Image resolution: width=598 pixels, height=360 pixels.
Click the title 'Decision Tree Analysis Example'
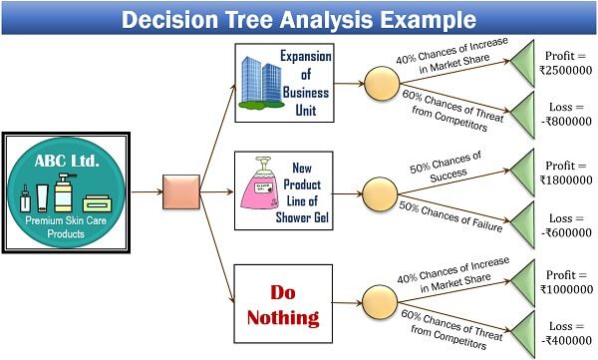299,18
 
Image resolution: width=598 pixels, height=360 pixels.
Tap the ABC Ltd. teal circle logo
68,187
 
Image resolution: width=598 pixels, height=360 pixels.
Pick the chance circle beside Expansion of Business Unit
383,83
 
